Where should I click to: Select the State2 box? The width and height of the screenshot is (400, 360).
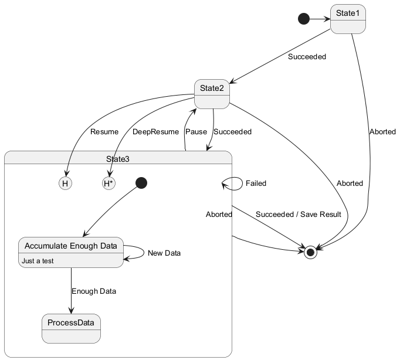tap(212, 93)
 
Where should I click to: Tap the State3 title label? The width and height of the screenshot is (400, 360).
tap(118, 159)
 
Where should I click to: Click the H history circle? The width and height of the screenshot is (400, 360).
tap(65, 184)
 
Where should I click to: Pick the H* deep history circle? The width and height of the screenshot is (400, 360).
tap(109, 184)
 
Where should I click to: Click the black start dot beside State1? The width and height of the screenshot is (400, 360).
tap(303, 19)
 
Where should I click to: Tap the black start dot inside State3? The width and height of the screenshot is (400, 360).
tap(141, 183)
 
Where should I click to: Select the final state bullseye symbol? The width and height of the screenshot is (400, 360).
tap(311, 252)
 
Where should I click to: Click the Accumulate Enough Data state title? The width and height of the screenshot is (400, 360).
tap(71, 246)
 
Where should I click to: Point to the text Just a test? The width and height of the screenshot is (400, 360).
tap(38, 261)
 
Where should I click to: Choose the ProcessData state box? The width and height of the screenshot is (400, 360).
tap(71, 328)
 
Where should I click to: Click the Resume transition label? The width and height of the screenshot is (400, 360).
tap(104, 132)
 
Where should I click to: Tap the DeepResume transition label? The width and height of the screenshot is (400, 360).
tap(155, 132)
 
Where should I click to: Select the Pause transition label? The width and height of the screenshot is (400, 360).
tap(196, 132)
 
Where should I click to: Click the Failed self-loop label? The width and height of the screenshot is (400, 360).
tap(256, 184)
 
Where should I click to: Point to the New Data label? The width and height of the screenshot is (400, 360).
tap(164, 253)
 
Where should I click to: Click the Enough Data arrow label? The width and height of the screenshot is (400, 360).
tap(94, 291)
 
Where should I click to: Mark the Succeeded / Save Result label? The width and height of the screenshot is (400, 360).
tap(298, 215)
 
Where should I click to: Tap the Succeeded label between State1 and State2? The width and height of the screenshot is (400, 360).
tap(307, 57)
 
